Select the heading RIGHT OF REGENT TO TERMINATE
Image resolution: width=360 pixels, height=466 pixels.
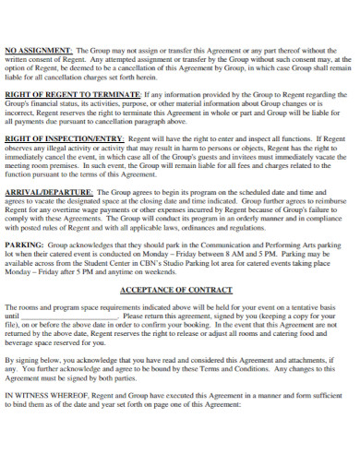click(x=72, y=95)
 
